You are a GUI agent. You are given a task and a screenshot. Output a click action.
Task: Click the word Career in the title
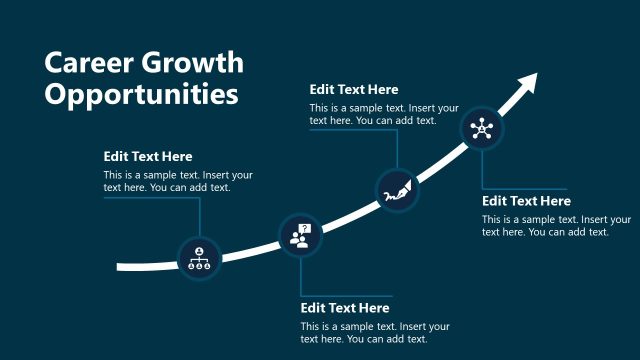tap(86, 63)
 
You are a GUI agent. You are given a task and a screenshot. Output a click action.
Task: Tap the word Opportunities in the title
tap(142, 95)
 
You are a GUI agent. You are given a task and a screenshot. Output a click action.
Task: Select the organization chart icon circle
tap(199, 258)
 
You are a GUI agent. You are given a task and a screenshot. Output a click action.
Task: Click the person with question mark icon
tap(300, 235)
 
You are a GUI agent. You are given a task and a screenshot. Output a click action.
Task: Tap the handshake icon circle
tap(396, 189)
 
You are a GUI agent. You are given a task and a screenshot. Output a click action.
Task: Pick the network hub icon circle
tap(483, 128)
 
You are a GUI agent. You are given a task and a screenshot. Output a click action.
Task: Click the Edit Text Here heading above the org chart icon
tap(148, 156)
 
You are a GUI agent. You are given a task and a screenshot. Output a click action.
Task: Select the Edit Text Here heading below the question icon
tap(345, 308)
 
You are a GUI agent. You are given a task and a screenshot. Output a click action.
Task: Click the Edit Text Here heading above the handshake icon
tap(354, 90)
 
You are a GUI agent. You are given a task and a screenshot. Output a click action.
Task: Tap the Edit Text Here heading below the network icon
tap(526, 201)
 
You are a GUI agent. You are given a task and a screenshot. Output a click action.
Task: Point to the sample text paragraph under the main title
tap(178, 181)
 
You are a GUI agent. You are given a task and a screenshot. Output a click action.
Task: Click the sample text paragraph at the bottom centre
tap(375, 333)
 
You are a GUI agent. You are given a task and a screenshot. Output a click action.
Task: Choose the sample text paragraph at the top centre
tap(384, 114)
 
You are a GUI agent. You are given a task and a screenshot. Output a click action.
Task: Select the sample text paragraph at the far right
tap(556, 225)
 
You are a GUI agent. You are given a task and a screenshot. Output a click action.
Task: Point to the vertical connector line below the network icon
tap(483, 168)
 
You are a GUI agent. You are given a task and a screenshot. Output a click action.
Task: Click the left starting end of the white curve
tap(120, 267)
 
